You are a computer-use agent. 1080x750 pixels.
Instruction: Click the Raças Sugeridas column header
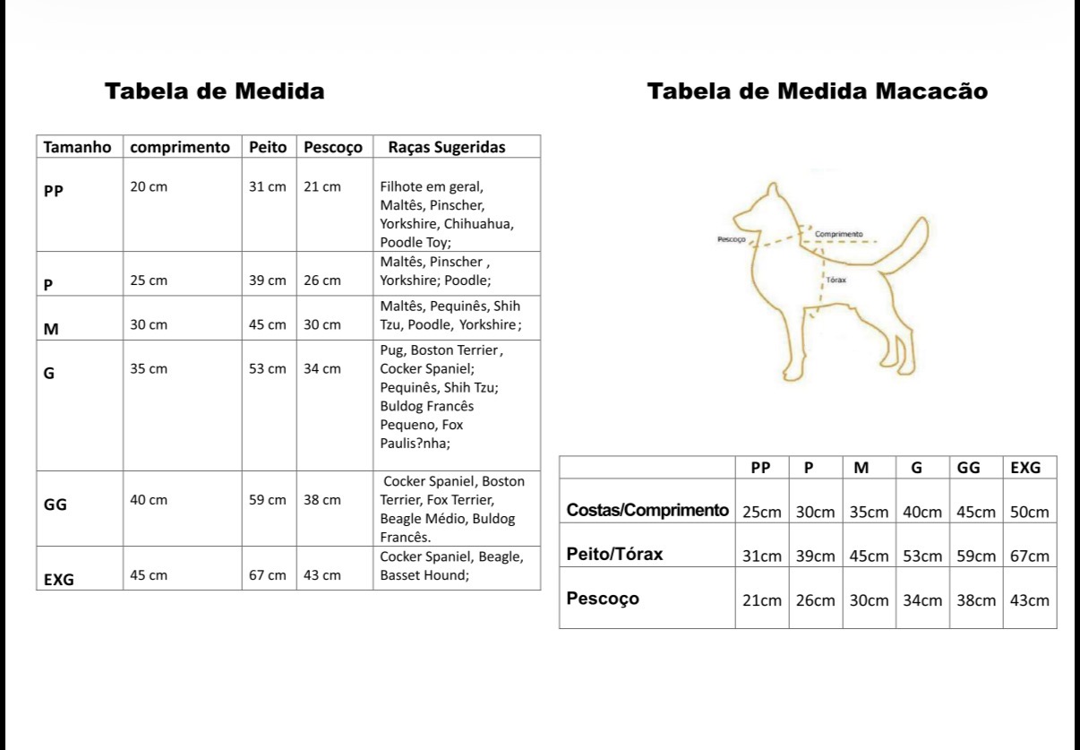(x=446, y=147)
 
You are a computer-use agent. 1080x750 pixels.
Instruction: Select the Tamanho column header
(x=77, y=147)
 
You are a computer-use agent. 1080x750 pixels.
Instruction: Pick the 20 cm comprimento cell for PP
(x=149, y=186)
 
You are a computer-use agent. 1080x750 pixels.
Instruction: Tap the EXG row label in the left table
(x=59, y=579)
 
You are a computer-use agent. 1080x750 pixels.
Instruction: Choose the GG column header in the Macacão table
(x=968, y=467)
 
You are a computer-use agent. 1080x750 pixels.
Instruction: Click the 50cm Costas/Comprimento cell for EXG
(x=1029, y=512)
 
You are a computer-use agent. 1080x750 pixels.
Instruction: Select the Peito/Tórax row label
(x=614, y=554)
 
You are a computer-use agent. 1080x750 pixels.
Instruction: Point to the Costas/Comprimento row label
(x=647, y=510)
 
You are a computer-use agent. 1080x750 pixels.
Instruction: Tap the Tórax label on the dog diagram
(x=836, y=280)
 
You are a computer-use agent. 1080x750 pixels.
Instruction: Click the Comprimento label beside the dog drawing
(x=838, y=234)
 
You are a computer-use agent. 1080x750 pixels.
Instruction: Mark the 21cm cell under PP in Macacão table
(x=761, y=600)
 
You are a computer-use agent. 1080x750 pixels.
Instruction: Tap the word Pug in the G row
(x=391, y=350)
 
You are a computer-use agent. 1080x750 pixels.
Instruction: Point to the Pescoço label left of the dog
(x=731, y=239)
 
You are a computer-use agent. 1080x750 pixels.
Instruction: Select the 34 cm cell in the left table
(x=322, y=368)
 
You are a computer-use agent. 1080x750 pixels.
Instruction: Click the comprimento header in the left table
(x=180, y=147)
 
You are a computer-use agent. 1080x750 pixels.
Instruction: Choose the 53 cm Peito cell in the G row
(x=267, y=368)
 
